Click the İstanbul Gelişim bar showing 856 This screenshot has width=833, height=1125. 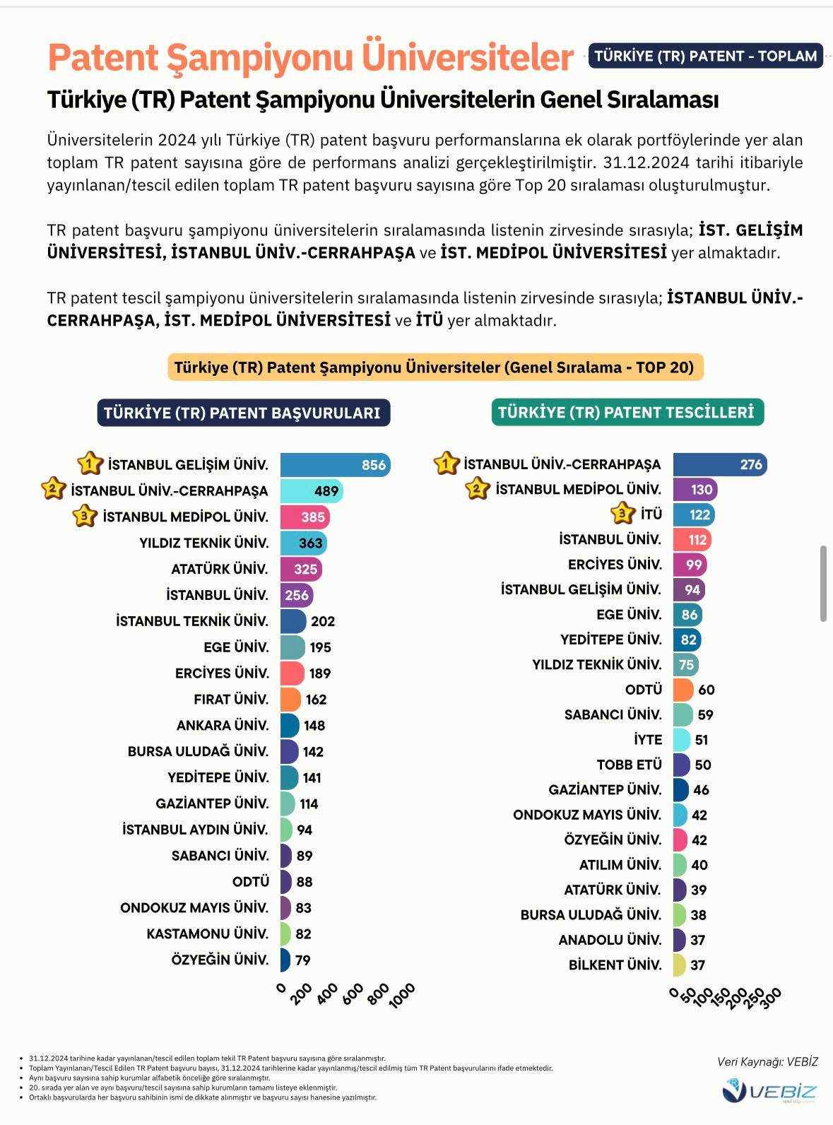coord(335,465)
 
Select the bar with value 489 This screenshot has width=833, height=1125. coord(311,491)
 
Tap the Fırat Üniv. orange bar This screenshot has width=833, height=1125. coord(290,700)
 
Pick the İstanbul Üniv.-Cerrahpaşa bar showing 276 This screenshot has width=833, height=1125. coord(719,464)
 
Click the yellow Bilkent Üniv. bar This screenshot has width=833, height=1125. coord(679,965)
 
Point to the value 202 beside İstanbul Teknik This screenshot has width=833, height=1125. coord(323,621)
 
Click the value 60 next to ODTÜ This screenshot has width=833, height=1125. coord(706,690)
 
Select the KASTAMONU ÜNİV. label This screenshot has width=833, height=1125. coord(208,933)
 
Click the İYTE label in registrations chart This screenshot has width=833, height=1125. coord(648,740)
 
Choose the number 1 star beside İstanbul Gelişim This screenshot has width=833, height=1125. coord(90,464)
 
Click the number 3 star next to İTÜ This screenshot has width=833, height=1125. coord(622,513)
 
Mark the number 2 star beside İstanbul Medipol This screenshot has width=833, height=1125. coord(478,488)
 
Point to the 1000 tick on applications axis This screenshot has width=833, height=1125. coord(403,995)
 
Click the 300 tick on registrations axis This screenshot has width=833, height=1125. coord(772,997)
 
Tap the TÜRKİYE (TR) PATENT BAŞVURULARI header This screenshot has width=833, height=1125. coord(243,413)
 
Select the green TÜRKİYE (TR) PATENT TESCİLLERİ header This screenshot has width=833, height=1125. coord(627,412)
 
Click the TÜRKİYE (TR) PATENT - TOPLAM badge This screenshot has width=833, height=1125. coord(705,56)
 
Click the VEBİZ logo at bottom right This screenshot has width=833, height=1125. coord(769,1092)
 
